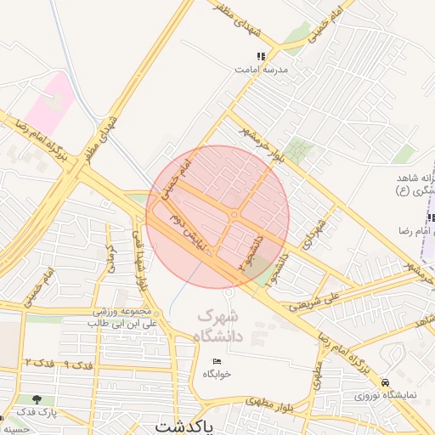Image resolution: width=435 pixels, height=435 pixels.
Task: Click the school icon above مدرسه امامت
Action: (x=261, y=56)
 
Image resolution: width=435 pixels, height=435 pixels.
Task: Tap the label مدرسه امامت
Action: (x=261, y=69)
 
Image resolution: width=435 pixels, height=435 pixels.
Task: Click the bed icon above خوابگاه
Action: (x=217, y=362)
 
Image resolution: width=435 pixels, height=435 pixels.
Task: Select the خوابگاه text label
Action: (x=217, y=374)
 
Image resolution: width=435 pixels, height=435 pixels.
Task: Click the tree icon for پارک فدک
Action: (x=37, y=399)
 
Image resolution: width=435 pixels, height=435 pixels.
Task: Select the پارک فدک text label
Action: (x=37, y=412)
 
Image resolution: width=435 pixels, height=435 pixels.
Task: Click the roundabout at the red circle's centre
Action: (x=233, y=215)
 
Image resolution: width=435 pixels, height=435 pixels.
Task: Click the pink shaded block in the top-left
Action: (x=47, y=102)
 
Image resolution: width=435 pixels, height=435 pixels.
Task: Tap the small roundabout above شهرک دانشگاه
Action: (x=229, y=293)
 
